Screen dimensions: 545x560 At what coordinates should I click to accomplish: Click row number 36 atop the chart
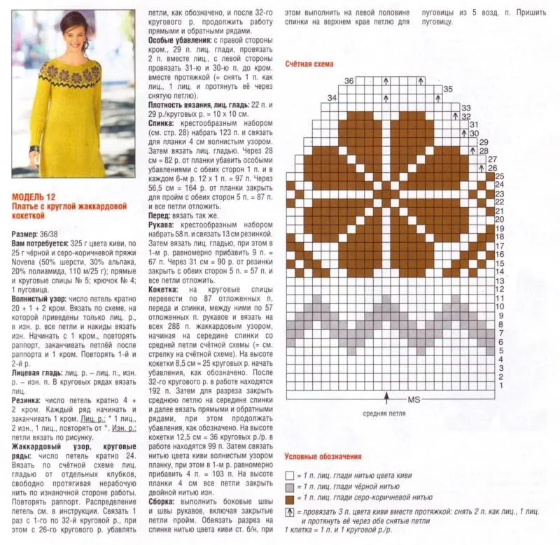pos(349,81)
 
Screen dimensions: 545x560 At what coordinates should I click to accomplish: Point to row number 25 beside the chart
pos(500,176)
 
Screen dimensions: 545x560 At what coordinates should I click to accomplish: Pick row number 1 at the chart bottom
pos(500,385)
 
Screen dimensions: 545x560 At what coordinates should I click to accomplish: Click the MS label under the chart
pos(414,399)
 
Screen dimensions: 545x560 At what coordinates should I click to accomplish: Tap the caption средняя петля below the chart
pos(385,413)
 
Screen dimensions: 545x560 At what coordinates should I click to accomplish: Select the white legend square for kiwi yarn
pos(289,475)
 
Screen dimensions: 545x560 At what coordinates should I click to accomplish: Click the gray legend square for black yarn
pos(289,488)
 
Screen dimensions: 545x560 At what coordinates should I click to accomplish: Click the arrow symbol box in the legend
pos(289,513)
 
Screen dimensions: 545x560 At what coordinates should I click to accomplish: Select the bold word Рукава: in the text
pos(162,225)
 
